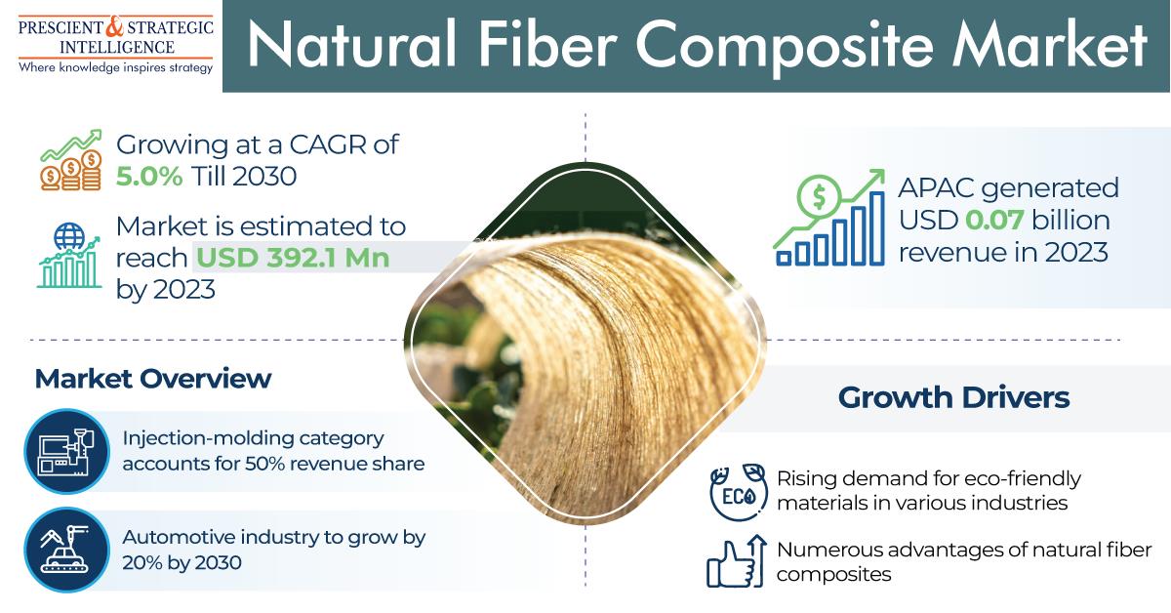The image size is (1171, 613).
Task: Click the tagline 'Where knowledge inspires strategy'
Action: (115, 67)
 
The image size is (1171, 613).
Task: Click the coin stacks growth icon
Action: (70, 161)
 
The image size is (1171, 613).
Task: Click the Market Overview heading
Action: (153, 379)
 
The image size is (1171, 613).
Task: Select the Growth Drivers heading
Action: (953, 398)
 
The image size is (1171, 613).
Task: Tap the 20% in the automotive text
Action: (143, 562)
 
